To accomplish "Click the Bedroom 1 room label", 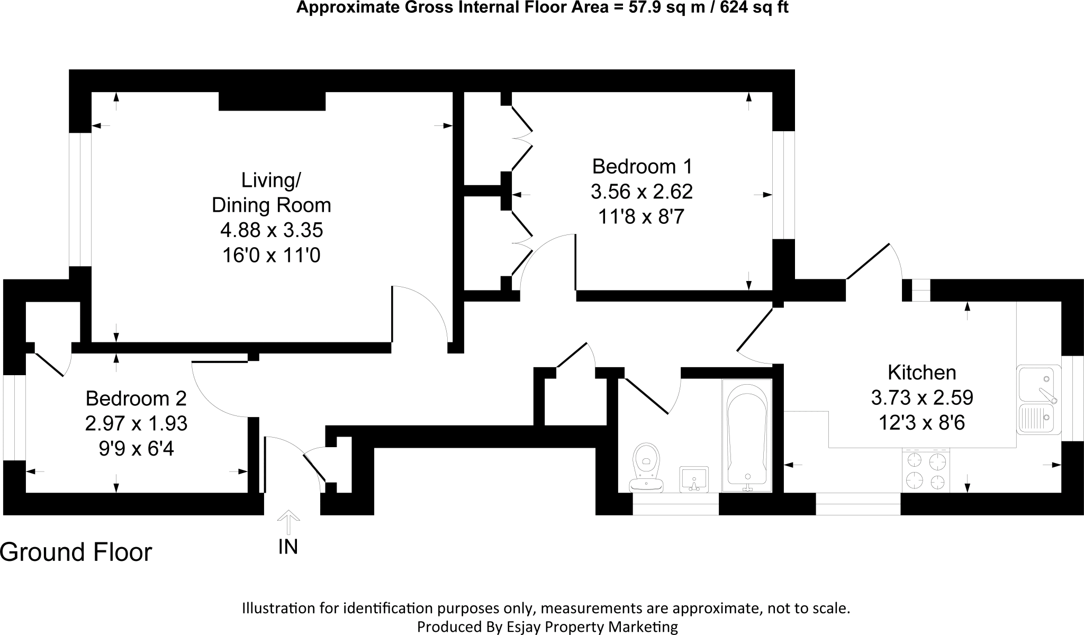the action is pyautogui.click(x=642, y=167).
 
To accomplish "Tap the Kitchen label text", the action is pyautogui.click(x=922, y=373).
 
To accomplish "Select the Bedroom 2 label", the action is pyautogui.click(x=136, y=398).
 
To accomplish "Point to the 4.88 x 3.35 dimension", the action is pyautogui.click(x=271, y=230).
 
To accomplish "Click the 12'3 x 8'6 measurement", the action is pyautogui.click(x=922, y=423).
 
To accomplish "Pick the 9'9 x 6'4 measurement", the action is pyautogui.click(x=136, y=449).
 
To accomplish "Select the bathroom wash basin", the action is pyautogui.click(x=693, y=479).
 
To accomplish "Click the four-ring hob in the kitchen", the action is pyautogui.click(x=926, y=471).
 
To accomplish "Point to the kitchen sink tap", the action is pyautogui.click(x=1047, y=394).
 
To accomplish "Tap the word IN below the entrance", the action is pyautogui.click(x=288, y=547).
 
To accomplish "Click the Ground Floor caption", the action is pyautogui.click(x=76, y=552).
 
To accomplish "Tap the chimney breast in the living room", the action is pyautogui.click(x=272, y=101).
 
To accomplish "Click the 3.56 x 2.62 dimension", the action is pyautogui.click(x=642, y=192).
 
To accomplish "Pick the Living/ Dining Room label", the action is pyautogui.click(x=271, y=193).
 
